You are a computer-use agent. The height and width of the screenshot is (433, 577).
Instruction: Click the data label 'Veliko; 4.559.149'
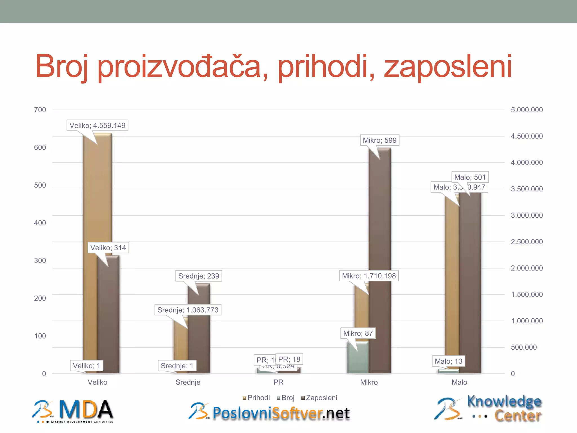(x=97, y=125)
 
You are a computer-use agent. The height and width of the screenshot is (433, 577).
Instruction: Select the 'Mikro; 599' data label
(x=380, y=140)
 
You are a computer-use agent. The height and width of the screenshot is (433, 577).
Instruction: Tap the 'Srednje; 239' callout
(x=199, y=276)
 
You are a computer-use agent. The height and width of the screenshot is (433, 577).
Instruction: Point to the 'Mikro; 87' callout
(x=358, y=333)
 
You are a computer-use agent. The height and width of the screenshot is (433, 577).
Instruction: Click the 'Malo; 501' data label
(x=470, y=177)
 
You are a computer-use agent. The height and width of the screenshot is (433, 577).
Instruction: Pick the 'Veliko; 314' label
(x=108, y=248)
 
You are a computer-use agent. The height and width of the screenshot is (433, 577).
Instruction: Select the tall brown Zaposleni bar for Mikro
(x=380, y=226)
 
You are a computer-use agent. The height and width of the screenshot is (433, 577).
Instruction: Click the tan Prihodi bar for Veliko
(x=90, y=226)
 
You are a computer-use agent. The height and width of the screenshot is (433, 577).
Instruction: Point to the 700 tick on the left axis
(x=40, y=110)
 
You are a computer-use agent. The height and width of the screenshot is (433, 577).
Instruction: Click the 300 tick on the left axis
(x=40, y=260)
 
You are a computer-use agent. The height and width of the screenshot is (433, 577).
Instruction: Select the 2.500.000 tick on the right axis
(x=527, y=242)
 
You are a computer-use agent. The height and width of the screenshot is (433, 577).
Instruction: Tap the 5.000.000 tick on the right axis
(x=527, y=110)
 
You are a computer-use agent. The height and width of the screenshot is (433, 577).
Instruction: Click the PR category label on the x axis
(x=278, y=382)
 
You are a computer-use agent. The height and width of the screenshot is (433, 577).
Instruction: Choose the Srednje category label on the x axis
(x=188, y=382)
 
